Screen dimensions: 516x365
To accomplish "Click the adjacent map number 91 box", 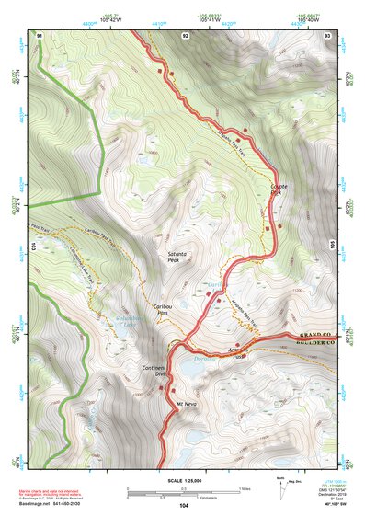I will [x=40, y=35].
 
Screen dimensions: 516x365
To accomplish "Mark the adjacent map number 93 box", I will [x=326, y=35].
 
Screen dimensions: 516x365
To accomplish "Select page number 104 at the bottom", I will [x=185, y=505].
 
